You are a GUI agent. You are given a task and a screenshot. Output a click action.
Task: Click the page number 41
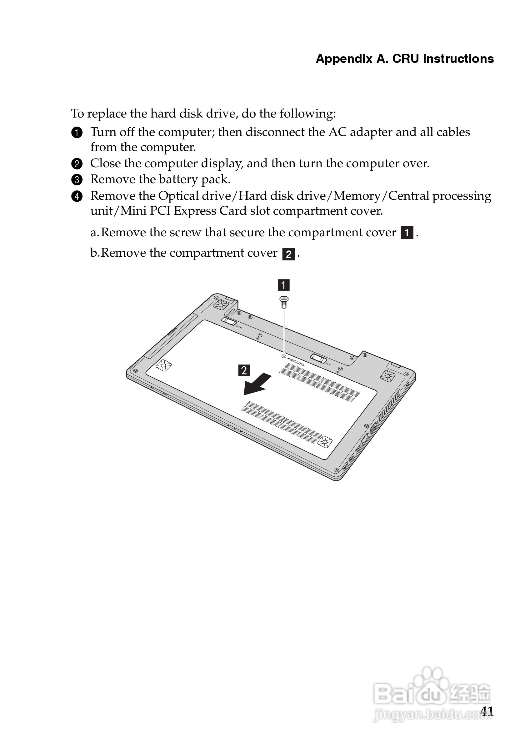[487, 711]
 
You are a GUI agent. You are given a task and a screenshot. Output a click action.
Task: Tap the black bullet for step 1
[77, 133]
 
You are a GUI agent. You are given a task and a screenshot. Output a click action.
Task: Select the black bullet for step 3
[77, 179]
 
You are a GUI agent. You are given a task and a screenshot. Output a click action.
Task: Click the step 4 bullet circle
[77, 196]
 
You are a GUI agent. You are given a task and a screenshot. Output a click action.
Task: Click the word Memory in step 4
[357, 196]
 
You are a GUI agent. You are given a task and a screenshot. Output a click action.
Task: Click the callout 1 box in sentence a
[407, 233]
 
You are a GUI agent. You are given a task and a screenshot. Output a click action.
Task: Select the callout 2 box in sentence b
[288, 254]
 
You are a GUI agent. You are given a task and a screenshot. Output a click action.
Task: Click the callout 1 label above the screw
[284, 285]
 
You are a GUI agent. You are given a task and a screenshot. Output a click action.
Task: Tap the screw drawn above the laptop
[284, 302]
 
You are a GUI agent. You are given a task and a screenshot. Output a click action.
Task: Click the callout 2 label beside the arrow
[244, 370]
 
